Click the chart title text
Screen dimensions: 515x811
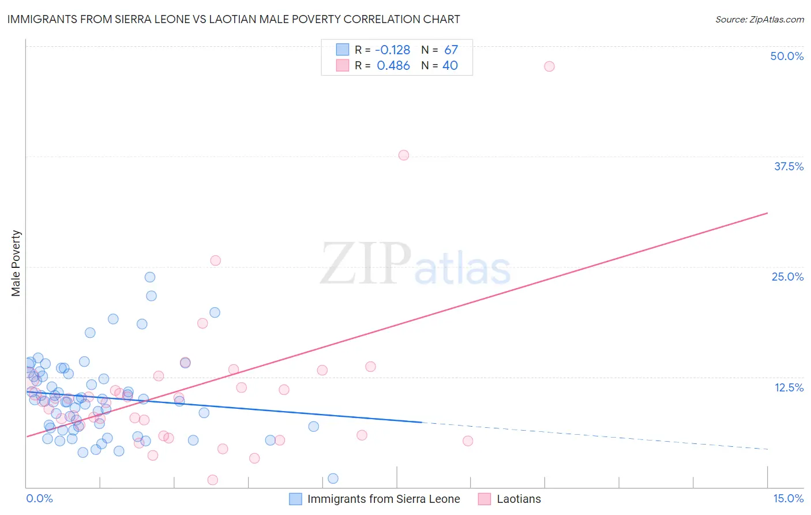[x=233, y=19]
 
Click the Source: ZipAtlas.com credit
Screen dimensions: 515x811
[x=759, y=19]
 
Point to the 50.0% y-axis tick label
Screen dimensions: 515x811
[x=787, y=56]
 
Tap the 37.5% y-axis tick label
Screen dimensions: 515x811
[x=789, y=166]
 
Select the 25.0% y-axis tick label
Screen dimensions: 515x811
[x=787, y=277]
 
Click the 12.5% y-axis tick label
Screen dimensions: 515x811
[x=789, y=387]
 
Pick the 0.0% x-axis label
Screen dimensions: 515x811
[x=39, y=498]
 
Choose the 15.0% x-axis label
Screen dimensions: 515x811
[x=788, y=498]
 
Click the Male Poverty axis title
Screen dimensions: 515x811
[x=16, y=263]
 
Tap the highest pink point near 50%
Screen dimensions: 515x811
[x=549, y=66]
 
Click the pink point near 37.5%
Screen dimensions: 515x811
[x=404, y=155]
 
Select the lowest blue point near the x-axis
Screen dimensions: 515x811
[x=333, y=478]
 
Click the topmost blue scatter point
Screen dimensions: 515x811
[x=150, y=277]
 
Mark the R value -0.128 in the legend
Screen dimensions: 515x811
[x=393, y=50]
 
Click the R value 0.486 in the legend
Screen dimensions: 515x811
[x=393, y=66]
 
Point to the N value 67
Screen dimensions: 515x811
[x=451, y=50]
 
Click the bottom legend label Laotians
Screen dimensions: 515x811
[x=519, y=499]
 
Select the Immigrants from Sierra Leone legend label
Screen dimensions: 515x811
[x=384, y=499]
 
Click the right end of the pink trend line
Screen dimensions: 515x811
[x=767, y=213]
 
